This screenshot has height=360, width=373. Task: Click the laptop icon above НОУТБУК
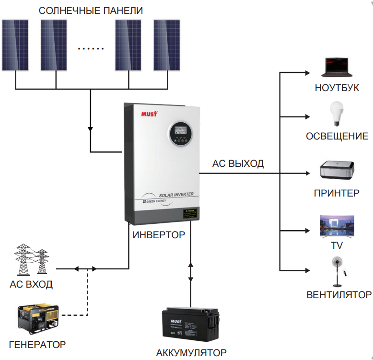337,68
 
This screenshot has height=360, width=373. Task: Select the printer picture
337,171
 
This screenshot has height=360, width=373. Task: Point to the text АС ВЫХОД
238,164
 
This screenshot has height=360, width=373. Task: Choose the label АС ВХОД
31,284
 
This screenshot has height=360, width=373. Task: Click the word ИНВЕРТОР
159,235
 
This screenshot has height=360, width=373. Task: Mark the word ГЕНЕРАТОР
37,344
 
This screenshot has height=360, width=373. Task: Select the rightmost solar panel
166,46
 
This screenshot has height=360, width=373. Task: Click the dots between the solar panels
91,49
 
